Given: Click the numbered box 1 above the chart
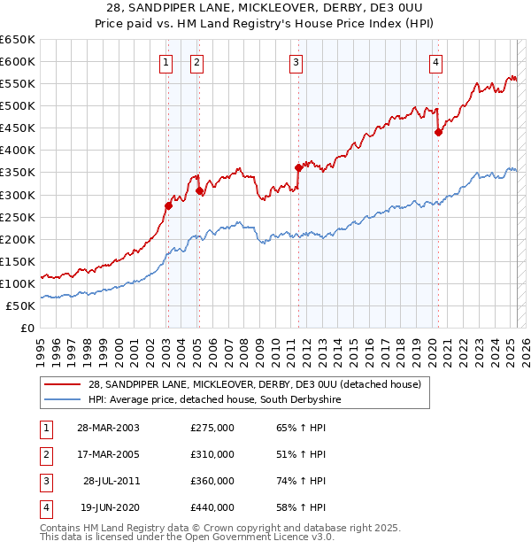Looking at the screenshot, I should coord(166,62).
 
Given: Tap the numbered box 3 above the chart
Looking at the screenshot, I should coord(296,62).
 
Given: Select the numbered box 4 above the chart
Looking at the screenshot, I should coord(436,62).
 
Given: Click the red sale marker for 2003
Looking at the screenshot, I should coord(168,205).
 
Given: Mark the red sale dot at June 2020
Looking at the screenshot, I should coord(438,132).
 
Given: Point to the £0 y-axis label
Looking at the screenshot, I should coord(26,328).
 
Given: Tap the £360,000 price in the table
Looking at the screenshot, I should coord(212,481).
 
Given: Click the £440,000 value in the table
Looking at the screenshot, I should coord(212,507).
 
